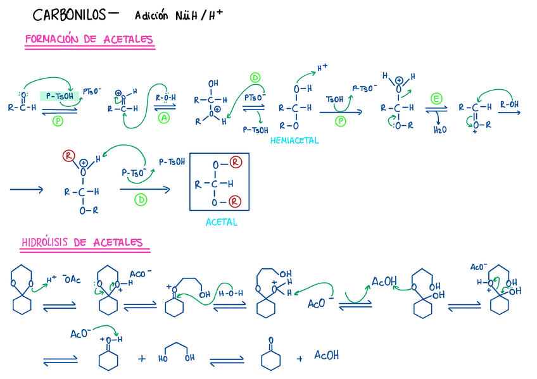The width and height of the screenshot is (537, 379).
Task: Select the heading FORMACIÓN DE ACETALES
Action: click(89, 40)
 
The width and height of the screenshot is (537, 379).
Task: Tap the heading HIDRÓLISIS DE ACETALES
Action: click(82, 242)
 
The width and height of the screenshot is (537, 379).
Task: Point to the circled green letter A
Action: click(163, 118)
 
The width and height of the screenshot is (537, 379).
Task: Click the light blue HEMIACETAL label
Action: click(294, 140)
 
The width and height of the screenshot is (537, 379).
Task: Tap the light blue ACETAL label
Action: click(222, 222)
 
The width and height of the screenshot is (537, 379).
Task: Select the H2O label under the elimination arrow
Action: click(439, 130)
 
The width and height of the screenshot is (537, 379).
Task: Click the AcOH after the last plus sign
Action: click(327, 356)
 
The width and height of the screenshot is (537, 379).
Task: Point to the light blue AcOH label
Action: click(384, 281)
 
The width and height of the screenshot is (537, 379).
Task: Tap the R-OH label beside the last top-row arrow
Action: click(510, 104)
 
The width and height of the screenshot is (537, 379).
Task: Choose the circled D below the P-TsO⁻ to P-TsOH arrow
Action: click(141, 200)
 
